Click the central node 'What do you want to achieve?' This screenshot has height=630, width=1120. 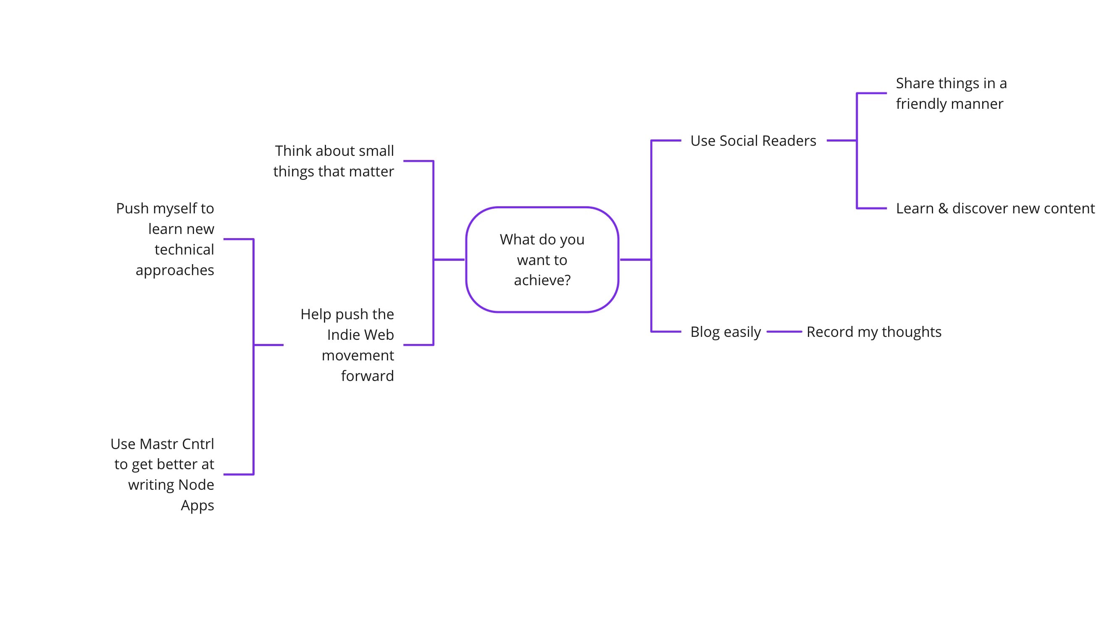[542, 260]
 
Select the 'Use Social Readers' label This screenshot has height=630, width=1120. [753, 141]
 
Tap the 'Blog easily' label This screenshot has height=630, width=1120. [725, 332]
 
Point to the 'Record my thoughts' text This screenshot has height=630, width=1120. [873, 332]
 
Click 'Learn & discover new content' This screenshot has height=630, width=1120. [995, 208]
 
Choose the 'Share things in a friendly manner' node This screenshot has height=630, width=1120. [951, 94]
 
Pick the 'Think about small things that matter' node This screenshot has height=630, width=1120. [334, 161]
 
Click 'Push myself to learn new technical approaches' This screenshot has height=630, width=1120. [165, 239]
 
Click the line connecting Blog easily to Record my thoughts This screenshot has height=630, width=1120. [784, 332]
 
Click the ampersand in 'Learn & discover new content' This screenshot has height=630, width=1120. [943, 209]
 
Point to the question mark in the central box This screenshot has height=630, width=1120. [567, 281]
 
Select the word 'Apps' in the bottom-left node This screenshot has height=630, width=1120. [197, 505]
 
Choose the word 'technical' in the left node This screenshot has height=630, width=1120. [184, 249]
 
